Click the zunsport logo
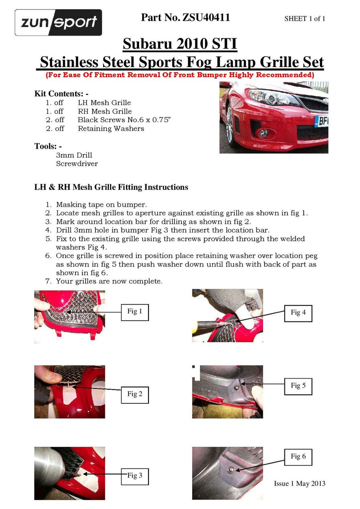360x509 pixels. tap(58, 22)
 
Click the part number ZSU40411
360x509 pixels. tap(185, 18)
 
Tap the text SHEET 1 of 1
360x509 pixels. tap(305, 18)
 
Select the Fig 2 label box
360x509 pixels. tap(135, 394)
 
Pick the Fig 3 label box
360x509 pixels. tap(135, 475)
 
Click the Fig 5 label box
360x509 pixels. tap(298, 385)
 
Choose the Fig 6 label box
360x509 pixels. tap(298, 456)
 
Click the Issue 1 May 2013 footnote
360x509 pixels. tap(299, 483)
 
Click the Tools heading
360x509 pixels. tap(48, 146)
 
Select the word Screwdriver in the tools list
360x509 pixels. tap(76, 164)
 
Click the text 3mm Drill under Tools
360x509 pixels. tap(74, 155)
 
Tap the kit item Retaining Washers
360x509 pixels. tap(111, 129)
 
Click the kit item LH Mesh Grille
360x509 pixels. tap(104, 103)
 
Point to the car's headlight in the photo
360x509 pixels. tap(265, 96)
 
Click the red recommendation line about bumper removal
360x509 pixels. tap(180, 75)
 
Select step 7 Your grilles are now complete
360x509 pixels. tap(109, 281)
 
